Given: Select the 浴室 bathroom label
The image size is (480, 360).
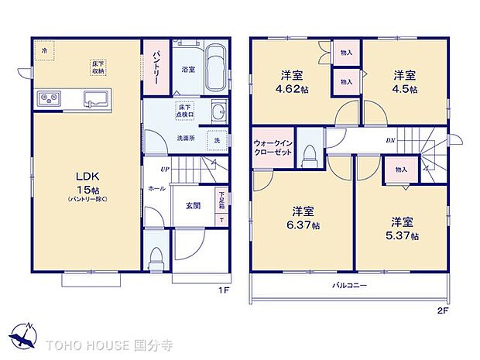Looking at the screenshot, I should pos(187,70).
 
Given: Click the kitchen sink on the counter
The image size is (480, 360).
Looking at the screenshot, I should pos(96,98).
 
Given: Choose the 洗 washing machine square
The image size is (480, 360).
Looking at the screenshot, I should pos(217,142).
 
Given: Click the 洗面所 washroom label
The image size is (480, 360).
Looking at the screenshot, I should pos(185,139).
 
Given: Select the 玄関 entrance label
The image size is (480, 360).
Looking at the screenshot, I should pos(194,206).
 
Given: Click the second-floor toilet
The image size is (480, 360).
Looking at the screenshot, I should pos(311,153).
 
